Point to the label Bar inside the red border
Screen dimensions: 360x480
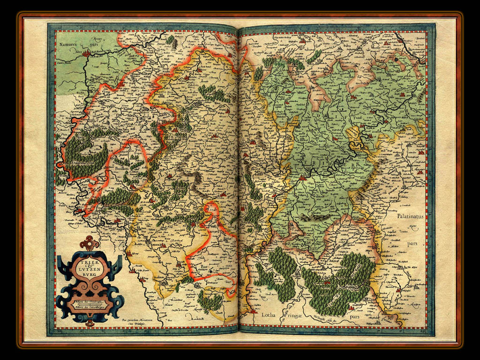coord(206,266)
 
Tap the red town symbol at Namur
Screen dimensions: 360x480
coord(86,54)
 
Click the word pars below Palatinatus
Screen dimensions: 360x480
coord(412,244)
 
